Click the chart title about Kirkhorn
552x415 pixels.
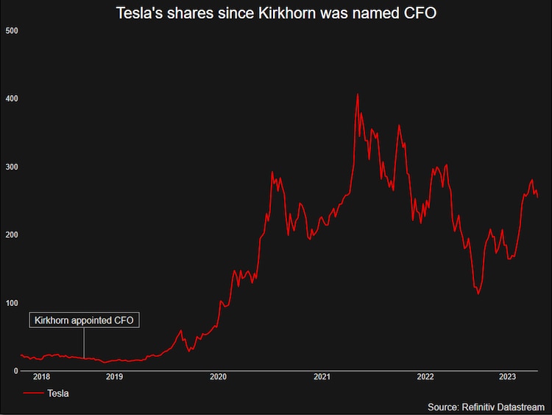(x=276, y=13)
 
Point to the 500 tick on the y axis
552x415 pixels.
(x=11, y=30)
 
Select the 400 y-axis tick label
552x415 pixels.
(x=11, y=99)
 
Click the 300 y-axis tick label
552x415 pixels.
(x=11, y=167)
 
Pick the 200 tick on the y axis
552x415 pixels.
(x=11, y=235)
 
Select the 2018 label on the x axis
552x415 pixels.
(x=41, y=377)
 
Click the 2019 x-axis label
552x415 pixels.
(x=114, y=377)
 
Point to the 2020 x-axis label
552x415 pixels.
(x=218, y=377)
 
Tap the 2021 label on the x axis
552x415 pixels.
(x=322, y=377)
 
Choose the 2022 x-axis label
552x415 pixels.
(x=425, y=377)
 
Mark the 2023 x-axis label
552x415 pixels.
(x=507, y=377)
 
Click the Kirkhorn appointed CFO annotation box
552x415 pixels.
(x=84, y=320)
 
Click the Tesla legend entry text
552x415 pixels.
(x=58, y=394)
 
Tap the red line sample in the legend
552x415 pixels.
(x=33, y=394)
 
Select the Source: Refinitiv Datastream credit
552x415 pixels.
(x=486, y=407)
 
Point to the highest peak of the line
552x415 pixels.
(x=358, y=94)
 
